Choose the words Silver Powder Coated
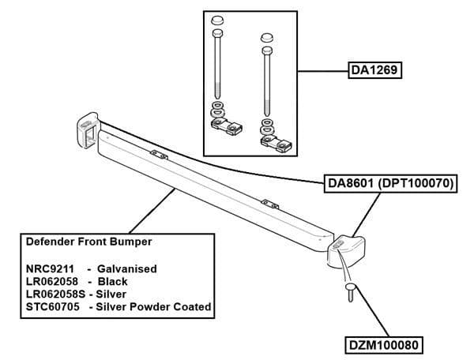click(153, 306)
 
